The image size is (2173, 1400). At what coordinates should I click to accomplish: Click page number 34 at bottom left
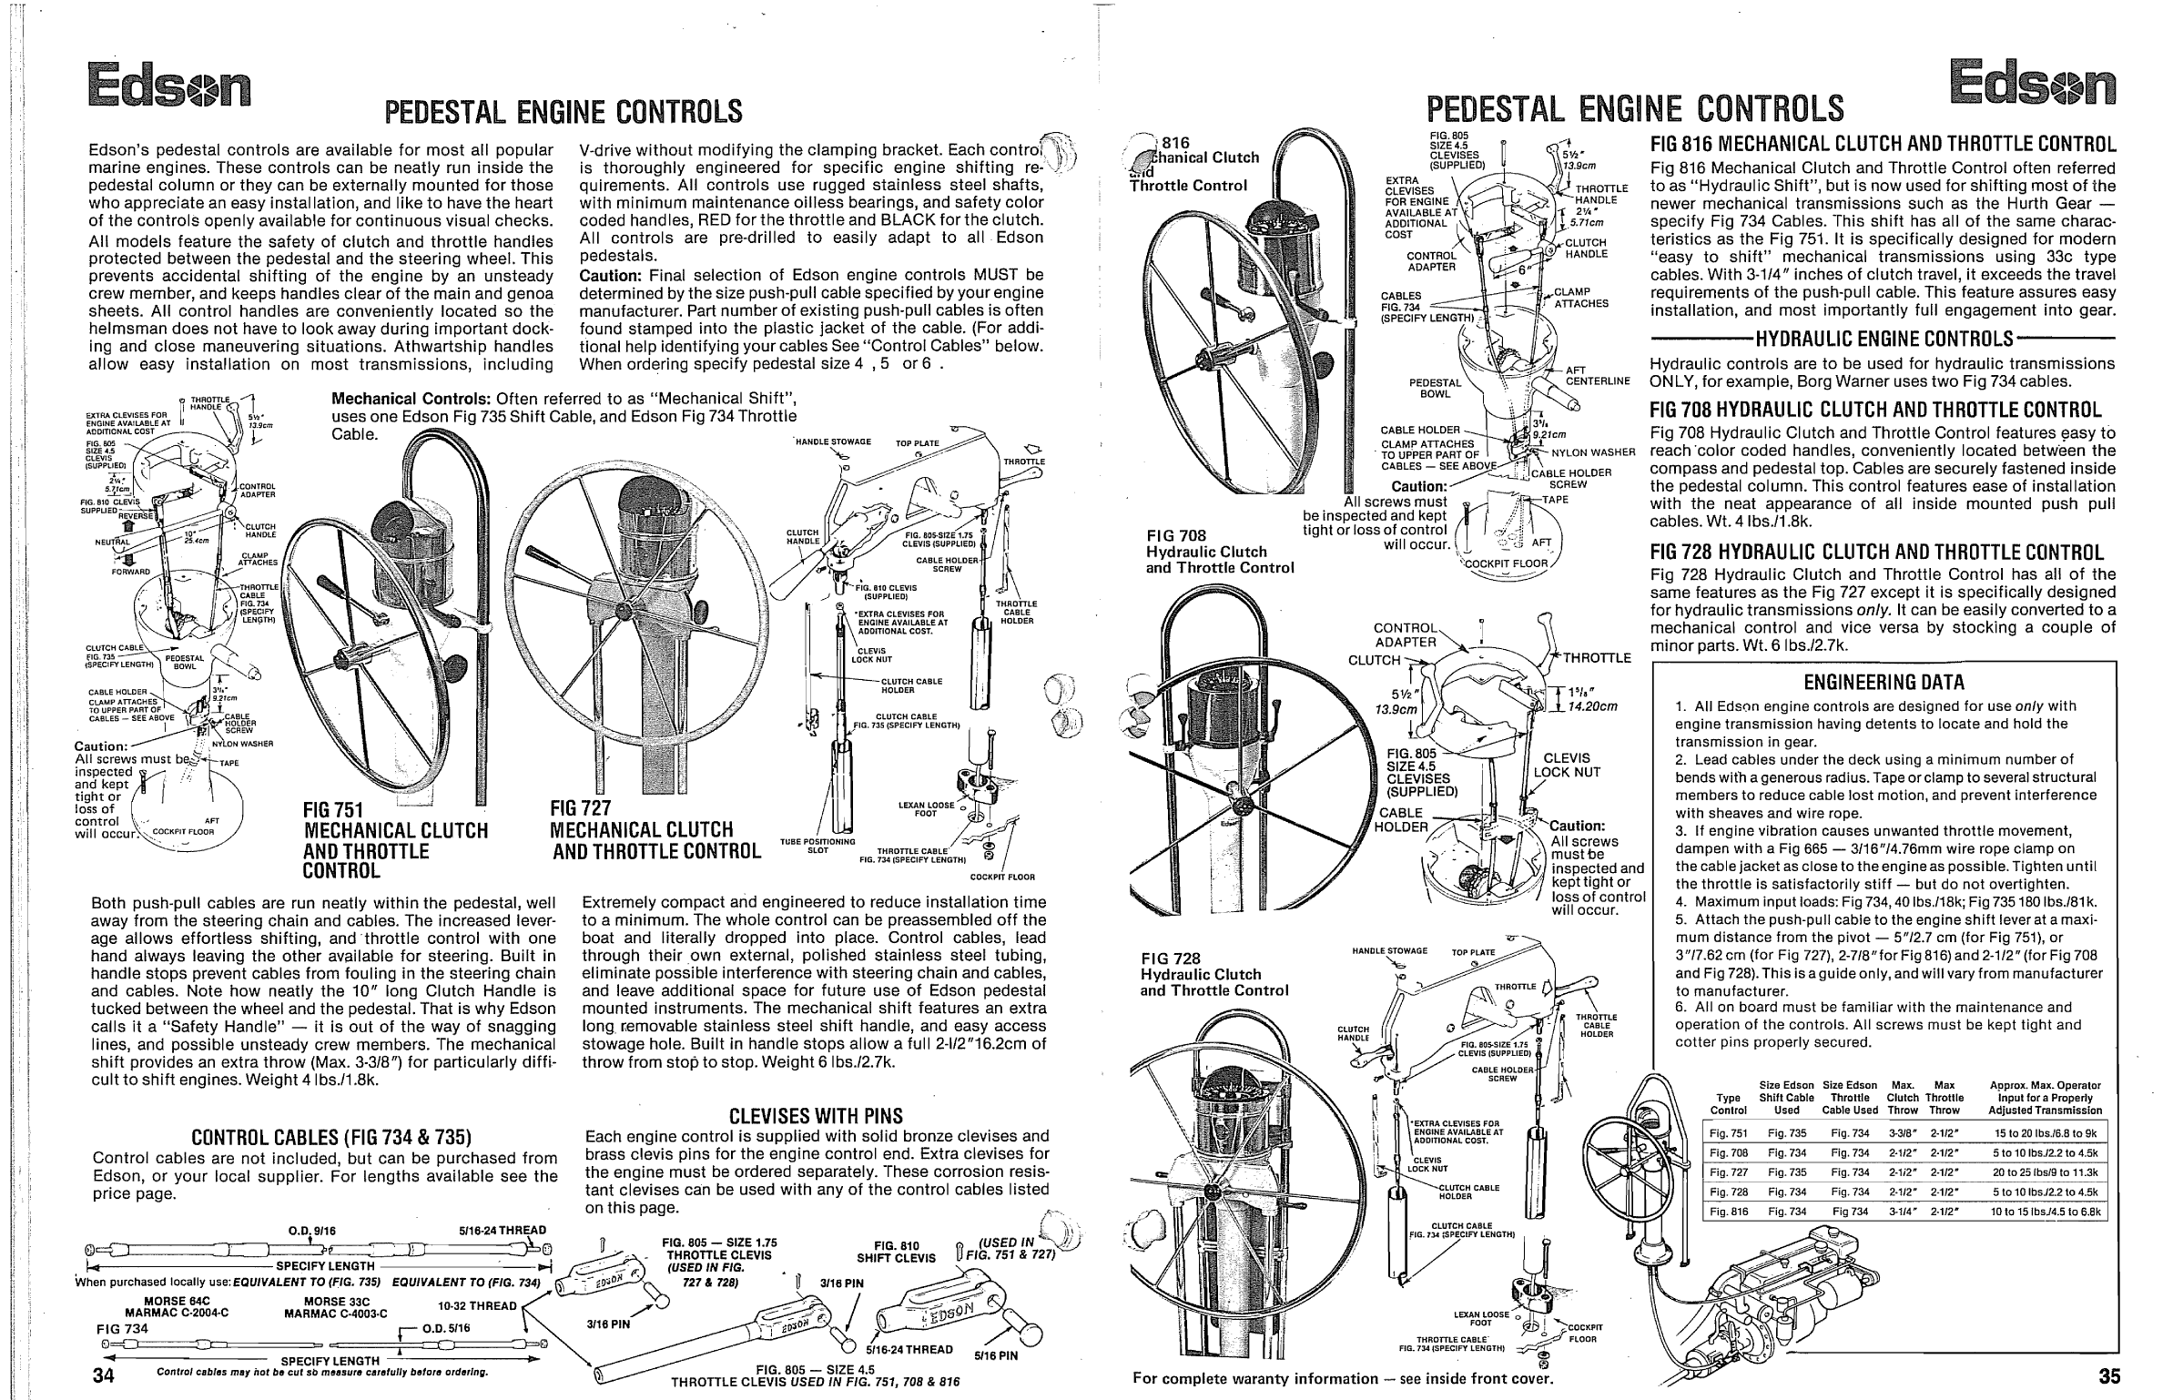(102, 1375)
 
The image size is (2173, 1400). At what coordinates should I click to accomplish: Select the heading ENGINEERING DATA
(1884, 682)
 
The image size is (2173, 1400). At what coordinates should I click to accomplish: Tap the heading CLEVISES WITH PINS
(816, 1116)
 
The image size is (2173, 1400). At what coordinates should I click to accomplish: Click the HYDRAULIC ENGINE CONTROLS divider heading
(1884, 340)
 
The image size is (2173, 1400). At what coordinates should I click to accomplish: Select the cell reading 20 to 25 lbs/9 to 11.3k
(2043, 1172)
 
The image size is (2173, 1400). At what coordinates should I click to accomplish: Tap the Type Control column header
(1728, 1104)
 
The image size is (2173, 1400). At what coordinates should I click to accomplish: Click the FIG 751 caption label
(333, 810)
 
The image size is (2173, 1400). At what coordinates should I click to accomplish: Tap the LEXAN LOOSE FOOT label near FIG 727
(926, 809)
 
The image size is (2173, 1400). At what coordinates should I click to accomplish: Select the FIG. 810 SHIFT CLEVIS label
(896, 1252)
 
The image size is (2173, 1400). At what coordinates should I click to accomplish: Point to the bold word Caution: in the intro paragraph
(611, 275)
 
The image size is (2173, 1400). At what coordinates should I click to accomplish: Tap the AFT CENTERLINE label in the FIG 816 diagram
(1597, 375)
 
